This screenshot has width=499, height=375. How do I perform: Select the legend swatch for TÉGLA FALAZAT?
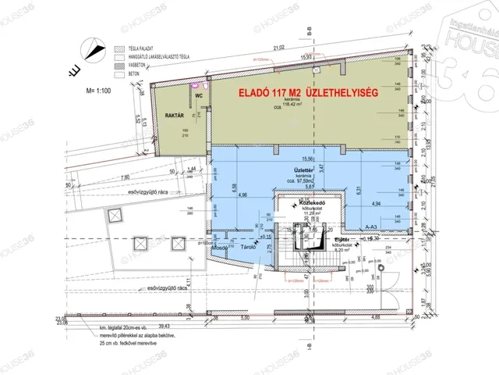(x=116, y=47)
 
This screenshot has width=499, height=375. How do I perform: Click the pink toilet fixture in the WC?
(x=206, y=87)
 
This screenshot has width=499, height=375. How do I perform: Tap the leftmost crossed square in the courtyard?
(x=115, y=214)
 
